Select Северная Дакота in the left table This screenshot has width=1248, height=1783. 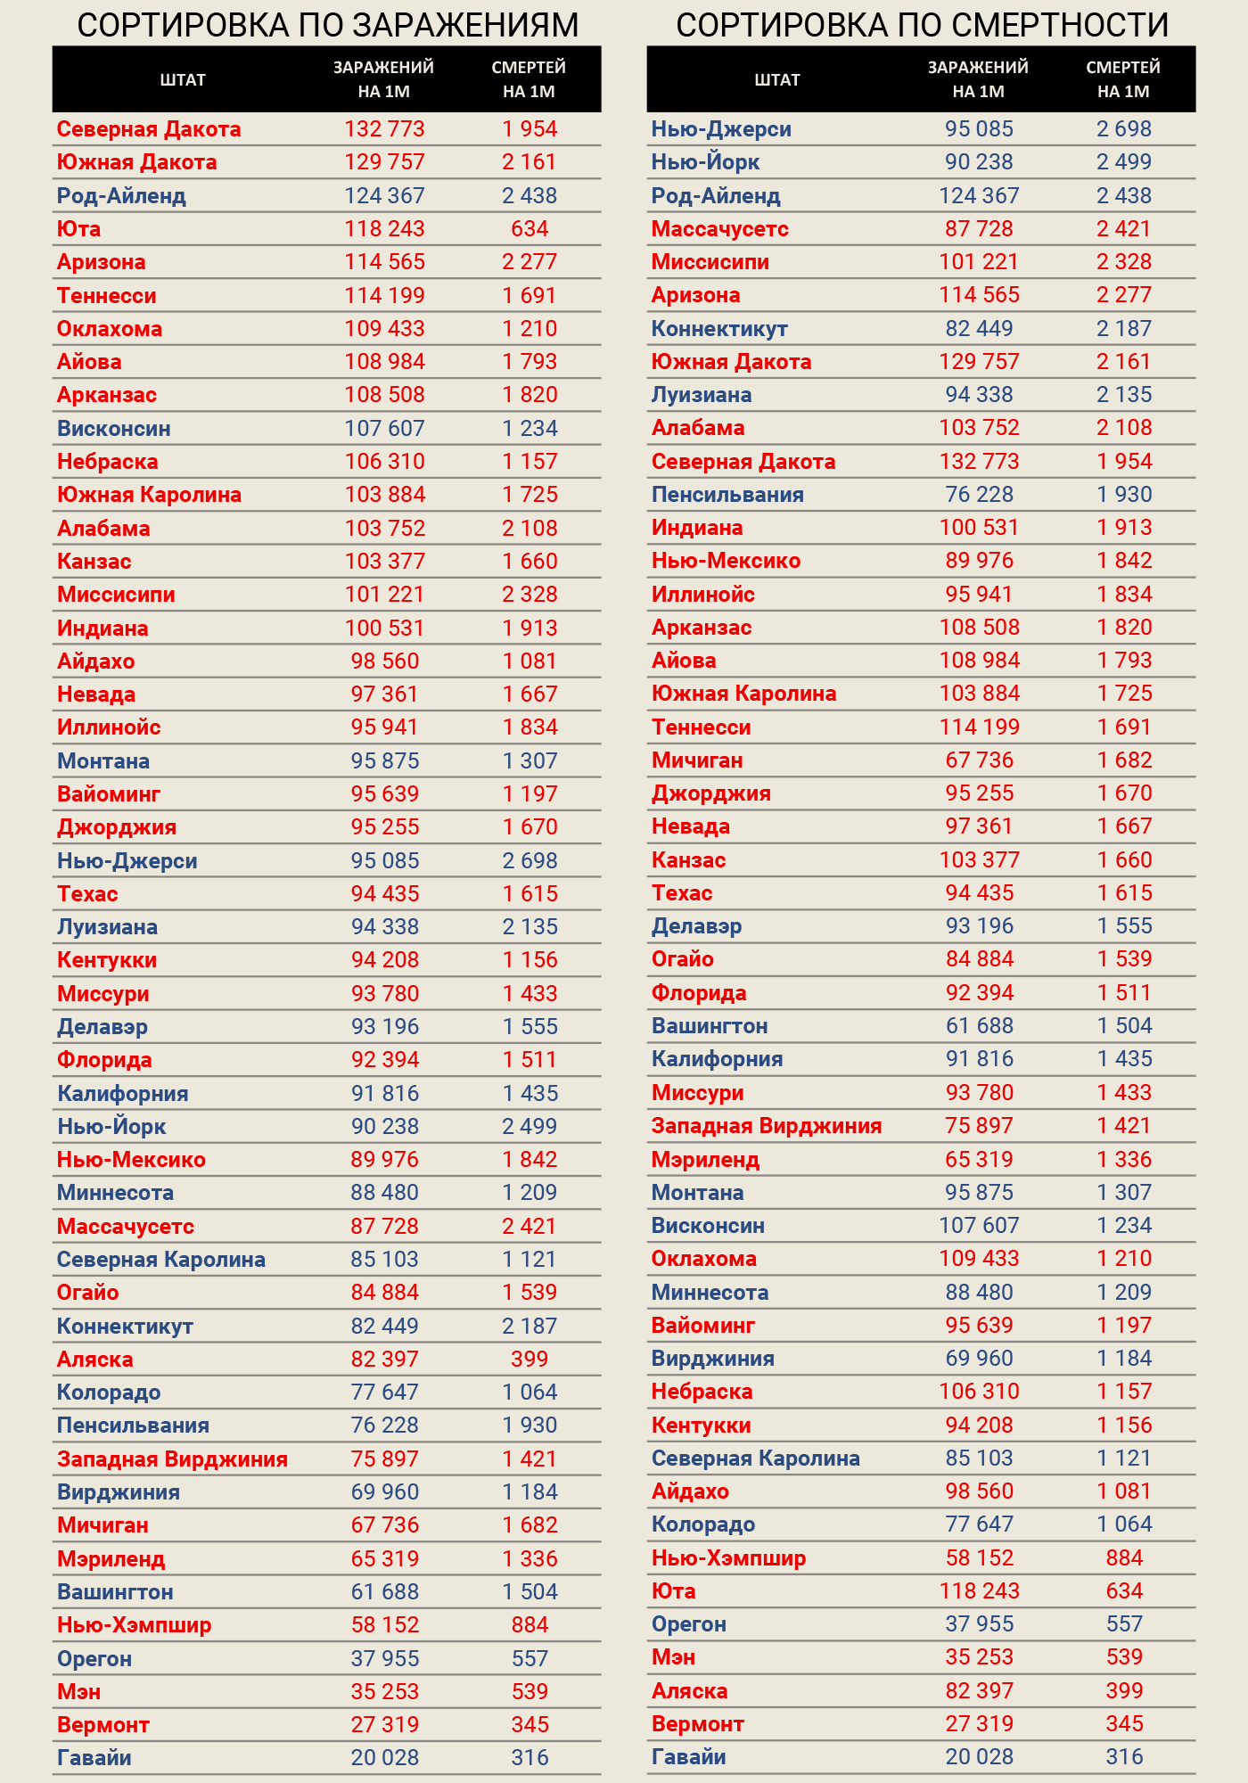pyautogui.click(x=149, y=129)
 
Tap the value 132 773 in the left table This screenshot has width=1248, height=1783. pyautogui.click(x=384, y=129)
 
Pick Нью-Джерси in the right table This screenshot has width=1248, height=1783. pyautogui.click(x=721, y=129)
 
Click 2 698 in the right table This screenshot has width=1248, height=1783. pyautogui.click(x=1124, y=129)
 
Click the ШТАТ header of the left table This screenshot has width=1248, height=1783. pyautogui.click(x=183, y=79)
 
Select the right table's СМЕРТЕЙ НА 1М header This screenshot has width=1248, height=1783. pyautogui.click(x=1123, y=79)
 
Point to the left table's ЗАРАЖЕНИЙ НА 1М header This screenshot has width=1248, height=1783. pyautogui.click(x=383, y=79)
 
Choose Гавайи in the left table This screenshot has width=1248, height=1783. pyautogui.click(x=94, y=1758)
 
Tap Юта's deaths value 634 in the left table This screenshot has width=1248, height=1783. pyautogui.click(x=530, y=229)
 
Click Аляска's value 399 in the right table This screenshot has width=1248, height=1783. pyautogui.click(x=1124, y=1691)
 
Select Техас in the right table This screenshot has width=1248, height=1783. pyautogui.click(x=682, y=893)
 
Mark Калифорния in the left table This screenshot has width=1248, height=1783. pyautogui.click(x=123, y=1094)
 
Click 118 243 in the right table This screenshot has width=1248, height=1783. pyautogui.click(x=979, y=1591)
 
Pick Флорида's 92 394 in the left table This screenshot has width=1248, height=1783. pyautogui.click(x=384, y=1060)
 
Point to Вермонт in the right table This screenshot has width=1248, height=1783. pyautogui.click(x=697, y=1724)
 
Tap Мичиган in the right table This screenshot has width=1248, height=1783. pyautogui.click(x=697, y=760)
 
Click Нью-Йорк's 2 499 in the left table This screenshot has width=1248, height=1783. pyautogui.click(x=530, y=1127)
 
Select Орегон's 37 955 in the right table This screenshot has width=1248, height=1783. pyautogui.click(x=979, y=1624)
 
